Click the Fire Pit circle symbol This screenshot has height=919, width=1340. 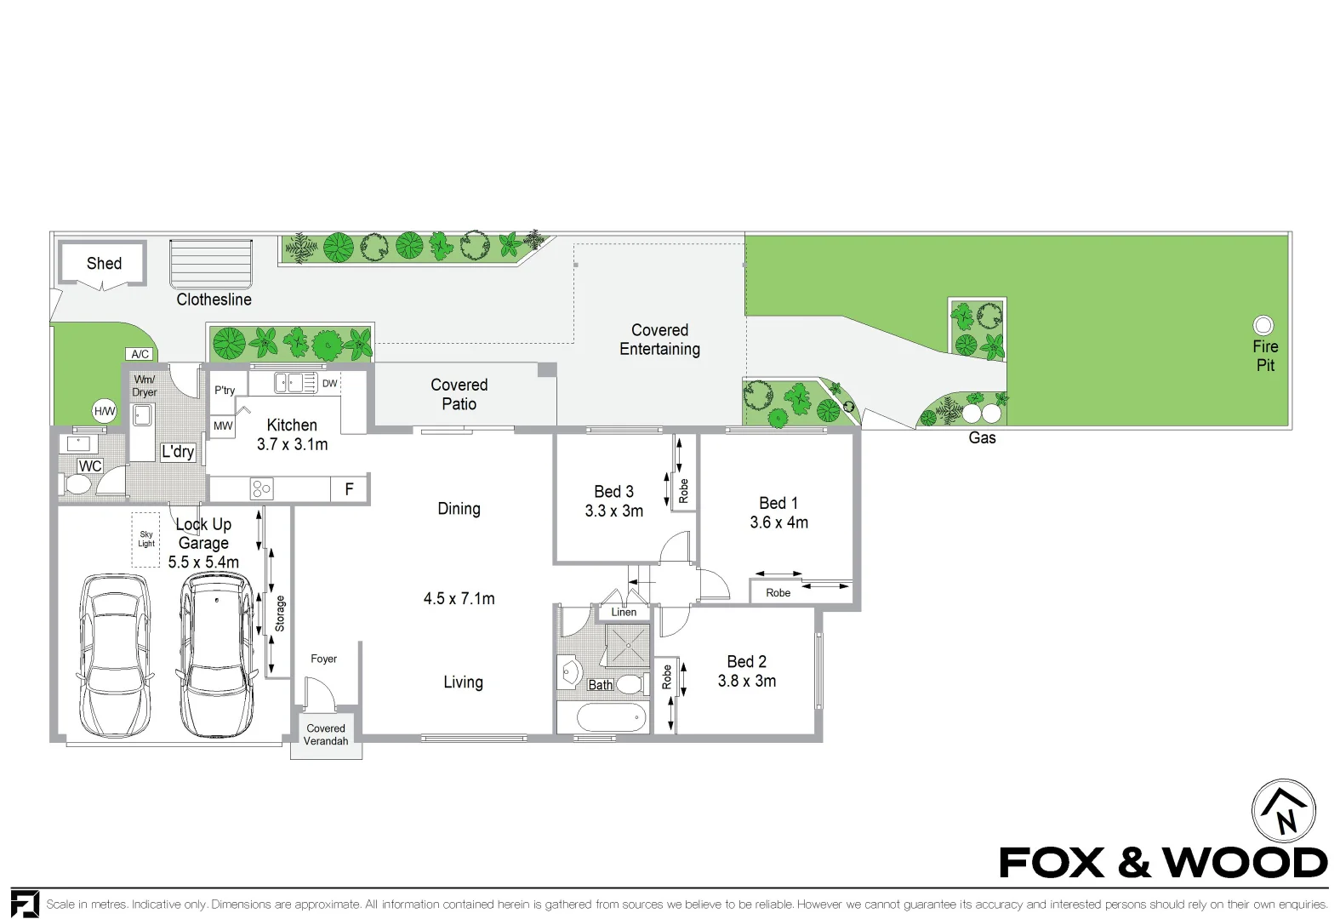tap(1263, 325)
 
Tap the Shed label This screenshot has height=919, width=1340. tap(104, 264)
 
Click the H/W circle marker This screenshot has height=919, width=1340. tap(104, 412)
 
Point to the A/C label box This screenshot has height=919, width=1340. tap(140, 354)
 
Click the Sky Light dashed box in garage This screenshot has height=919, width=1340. tap(146, 539)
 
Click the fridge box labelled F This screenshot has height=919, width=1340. tap(349, 489)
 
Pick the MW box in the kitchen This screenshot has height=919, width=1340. tap(223, 425)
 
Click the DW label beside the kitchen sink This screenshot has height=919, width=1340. tap(329, 384)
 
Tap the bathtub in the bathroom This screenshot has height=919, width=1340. tap(611, 717)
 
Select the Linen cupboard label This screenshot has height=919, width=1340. tap(624, 612)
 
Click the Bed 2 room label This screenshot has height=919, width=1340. tap(746, 662)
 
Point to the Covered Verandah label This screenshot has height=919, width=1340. tap(326, 734)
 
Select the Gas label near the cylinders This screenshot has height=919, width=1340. tap(982, 438)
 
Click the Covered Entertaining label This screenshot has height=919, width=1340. tap(659, 340)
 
